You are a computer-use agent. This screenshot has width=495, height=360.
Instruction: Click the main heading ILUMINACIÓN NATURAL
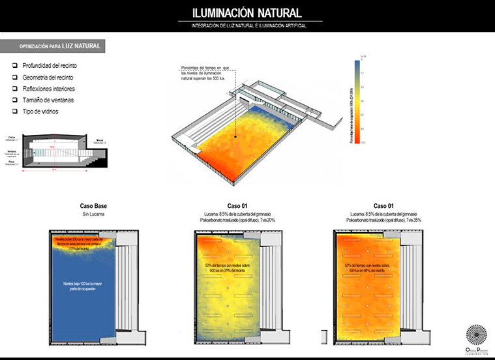tap(247, 13)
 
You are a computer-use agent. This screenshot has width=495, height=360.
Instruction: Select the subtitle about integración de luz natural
tap(247, 25)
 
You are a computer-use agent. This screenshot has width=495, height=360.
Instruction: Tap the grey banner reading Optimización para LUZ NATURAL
tap(54, 47)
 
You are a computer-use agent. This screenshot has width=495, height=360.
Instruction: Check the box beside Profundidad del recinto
tap(15, 66)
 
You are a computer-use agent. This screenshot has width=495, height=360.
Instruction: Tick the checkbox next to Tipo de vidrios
tap(15, 112)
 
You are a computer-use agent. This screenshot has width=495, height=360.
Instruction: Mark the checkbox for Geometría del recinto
tap(15, 77)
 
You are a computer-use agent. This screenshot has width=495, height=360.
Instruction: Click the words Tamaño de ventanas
tap(48, 100)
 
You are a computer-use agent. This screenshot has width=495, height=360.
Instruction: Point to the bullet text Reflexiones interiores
tap(49, 89)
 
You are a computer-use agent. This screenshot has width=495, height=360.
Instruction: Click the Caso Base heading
tap(93, 205)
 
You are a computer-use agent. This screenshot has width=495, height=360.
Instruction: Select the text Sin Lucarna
tap(93, 213)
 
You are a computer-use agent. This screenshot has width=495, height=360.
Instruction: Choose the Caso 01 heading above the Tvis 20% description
tap(237, 205)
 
